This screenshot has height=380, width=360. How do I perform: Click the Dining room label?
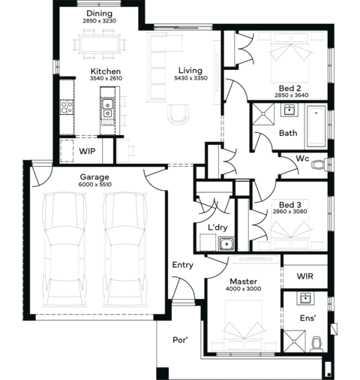pos(99,14)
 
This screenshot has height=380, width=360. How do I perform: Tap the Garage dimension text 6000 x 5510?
pos(95,185)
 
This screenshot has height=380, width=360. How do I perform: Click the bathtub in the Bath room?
pos(316,127)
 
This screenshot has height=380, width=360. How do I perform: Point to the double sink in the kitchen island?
pos(107,108)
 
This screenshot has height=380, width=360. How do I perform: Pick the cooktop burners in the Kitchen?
pos(66,107)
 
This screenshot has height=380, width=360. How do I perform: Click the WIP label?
pos(87,151)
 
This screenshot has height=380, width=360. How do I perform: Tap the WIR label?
pos(305,276)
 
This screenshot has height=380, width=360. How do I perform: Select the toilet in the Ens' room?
pos(316,344)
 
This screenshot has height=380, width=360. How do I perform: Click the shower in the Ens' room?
pos(294,341)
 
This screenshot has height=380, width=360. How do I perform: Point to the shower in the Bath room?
pos(263,114)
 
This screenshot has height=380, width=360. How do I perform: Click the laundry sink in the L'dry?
pos(226,244)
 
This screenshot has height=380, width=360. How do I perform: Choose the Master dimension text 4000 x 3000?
pos(243,289)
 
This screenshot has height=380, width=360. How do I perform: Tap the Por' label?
pos(180,340)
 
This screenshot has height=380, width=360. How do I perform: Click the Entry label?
pos(183,265)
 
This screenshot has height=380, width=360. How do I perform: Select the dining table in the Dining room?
pos(99,44)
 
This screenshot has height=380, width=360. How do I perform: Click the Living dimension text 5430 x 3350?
pos(190,78)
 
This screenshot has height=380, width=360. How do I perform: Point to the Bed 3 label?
pos(290,205)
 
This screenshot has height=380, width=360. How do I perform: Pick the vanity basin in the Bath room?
pos(289,110)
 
